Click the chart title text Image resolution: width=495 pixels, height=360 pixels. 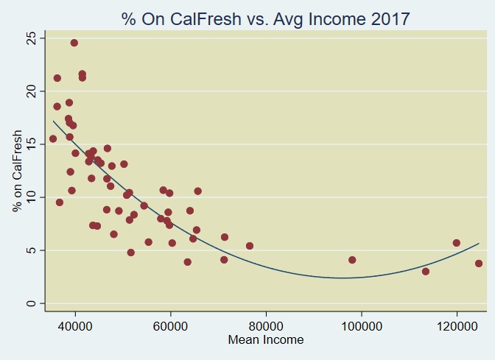coord(266,18)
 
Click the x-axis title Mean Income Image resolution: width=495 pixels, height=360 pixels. coord(266,340)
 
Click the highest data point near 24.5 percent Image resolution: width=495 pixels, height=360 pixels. coord(74,43)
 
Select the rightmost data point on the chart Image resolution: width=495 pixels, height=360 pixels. coord(479,264)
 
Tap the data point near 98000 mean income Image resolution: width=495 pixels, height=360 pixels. coord(352,260)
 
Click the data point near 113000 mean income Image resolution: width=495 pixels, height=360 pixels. coord(426,272)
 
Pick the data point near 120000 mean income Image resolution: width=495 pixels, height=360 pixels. coord(457,243)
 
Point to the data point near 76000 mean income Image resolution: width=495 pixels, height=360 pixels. coord(250,246)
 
